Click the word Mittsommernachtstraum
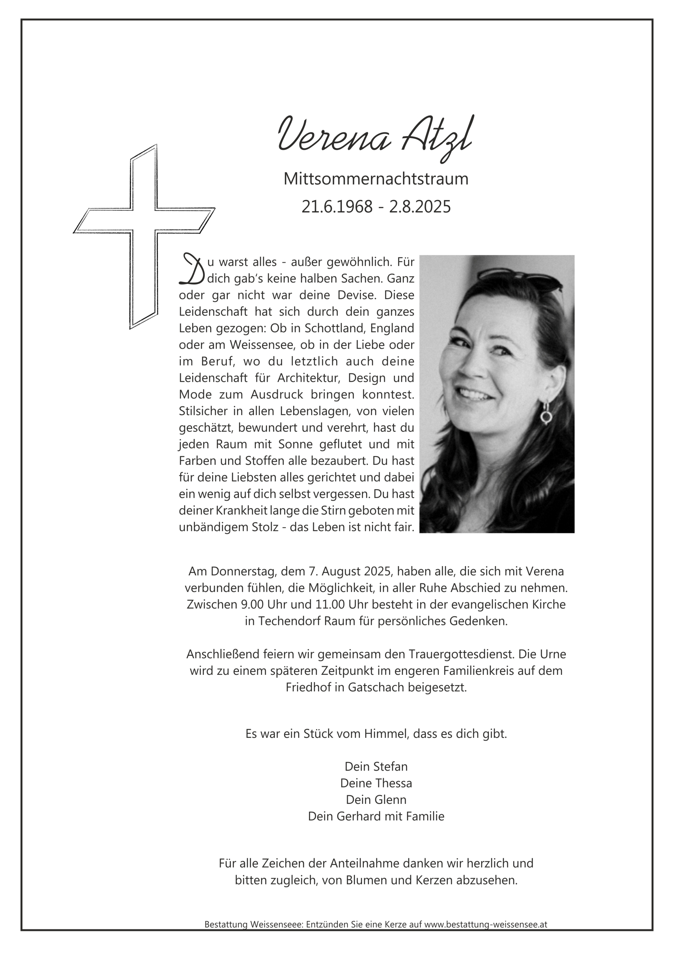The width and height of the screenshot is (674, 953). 376,179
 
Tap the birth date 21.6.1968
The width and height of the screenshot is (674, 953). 337,207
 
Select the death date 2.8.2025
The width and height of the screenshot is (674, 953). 419,207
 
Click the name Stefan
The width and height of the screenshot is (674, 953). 390,767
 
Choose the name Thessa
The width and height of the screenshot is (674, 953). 393,783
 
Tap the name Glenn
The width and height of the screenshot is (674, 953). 391,800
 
